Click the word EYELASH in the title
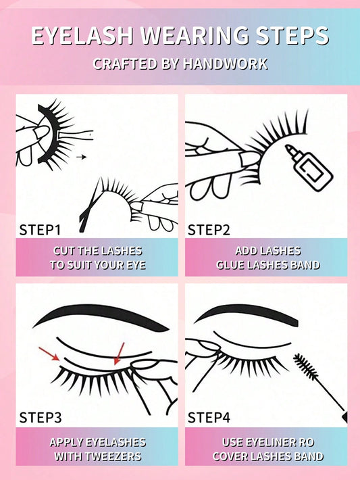(x=82, y=36)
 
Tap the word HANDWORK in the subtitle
(x=226, y=64)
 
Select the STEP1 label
(x=40, y=230)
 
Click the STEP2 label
(x=209, y=230)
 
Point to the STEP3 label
(x=41, y=418)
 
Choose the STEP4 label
(x=209, y=418)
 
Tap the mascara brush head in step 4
(x=305, y=366)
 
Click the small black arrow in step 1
(x=81, y=157)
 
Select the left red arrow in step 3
(x=49, y=354)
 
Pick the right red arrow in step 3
(x=120, y=354)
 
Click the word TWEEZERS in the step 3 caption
(x=113, y=456)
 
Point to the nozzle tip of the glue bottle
(x=288, y=147)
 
